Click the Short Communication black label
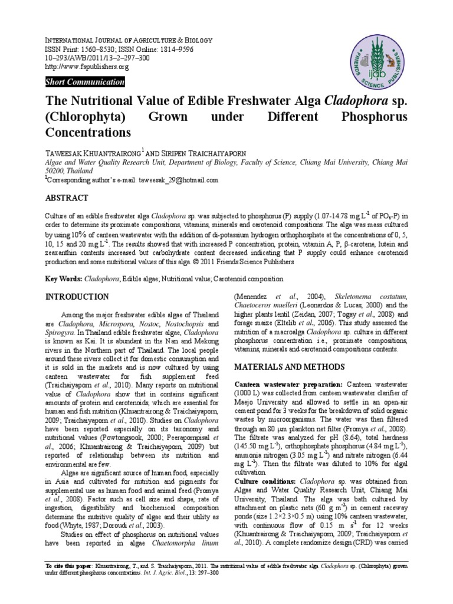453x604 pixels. [86, 83]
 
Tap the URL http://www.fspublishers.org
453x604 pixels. [87, 67]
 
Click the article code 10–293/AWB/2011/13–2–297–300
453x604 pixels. [97, 59]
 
